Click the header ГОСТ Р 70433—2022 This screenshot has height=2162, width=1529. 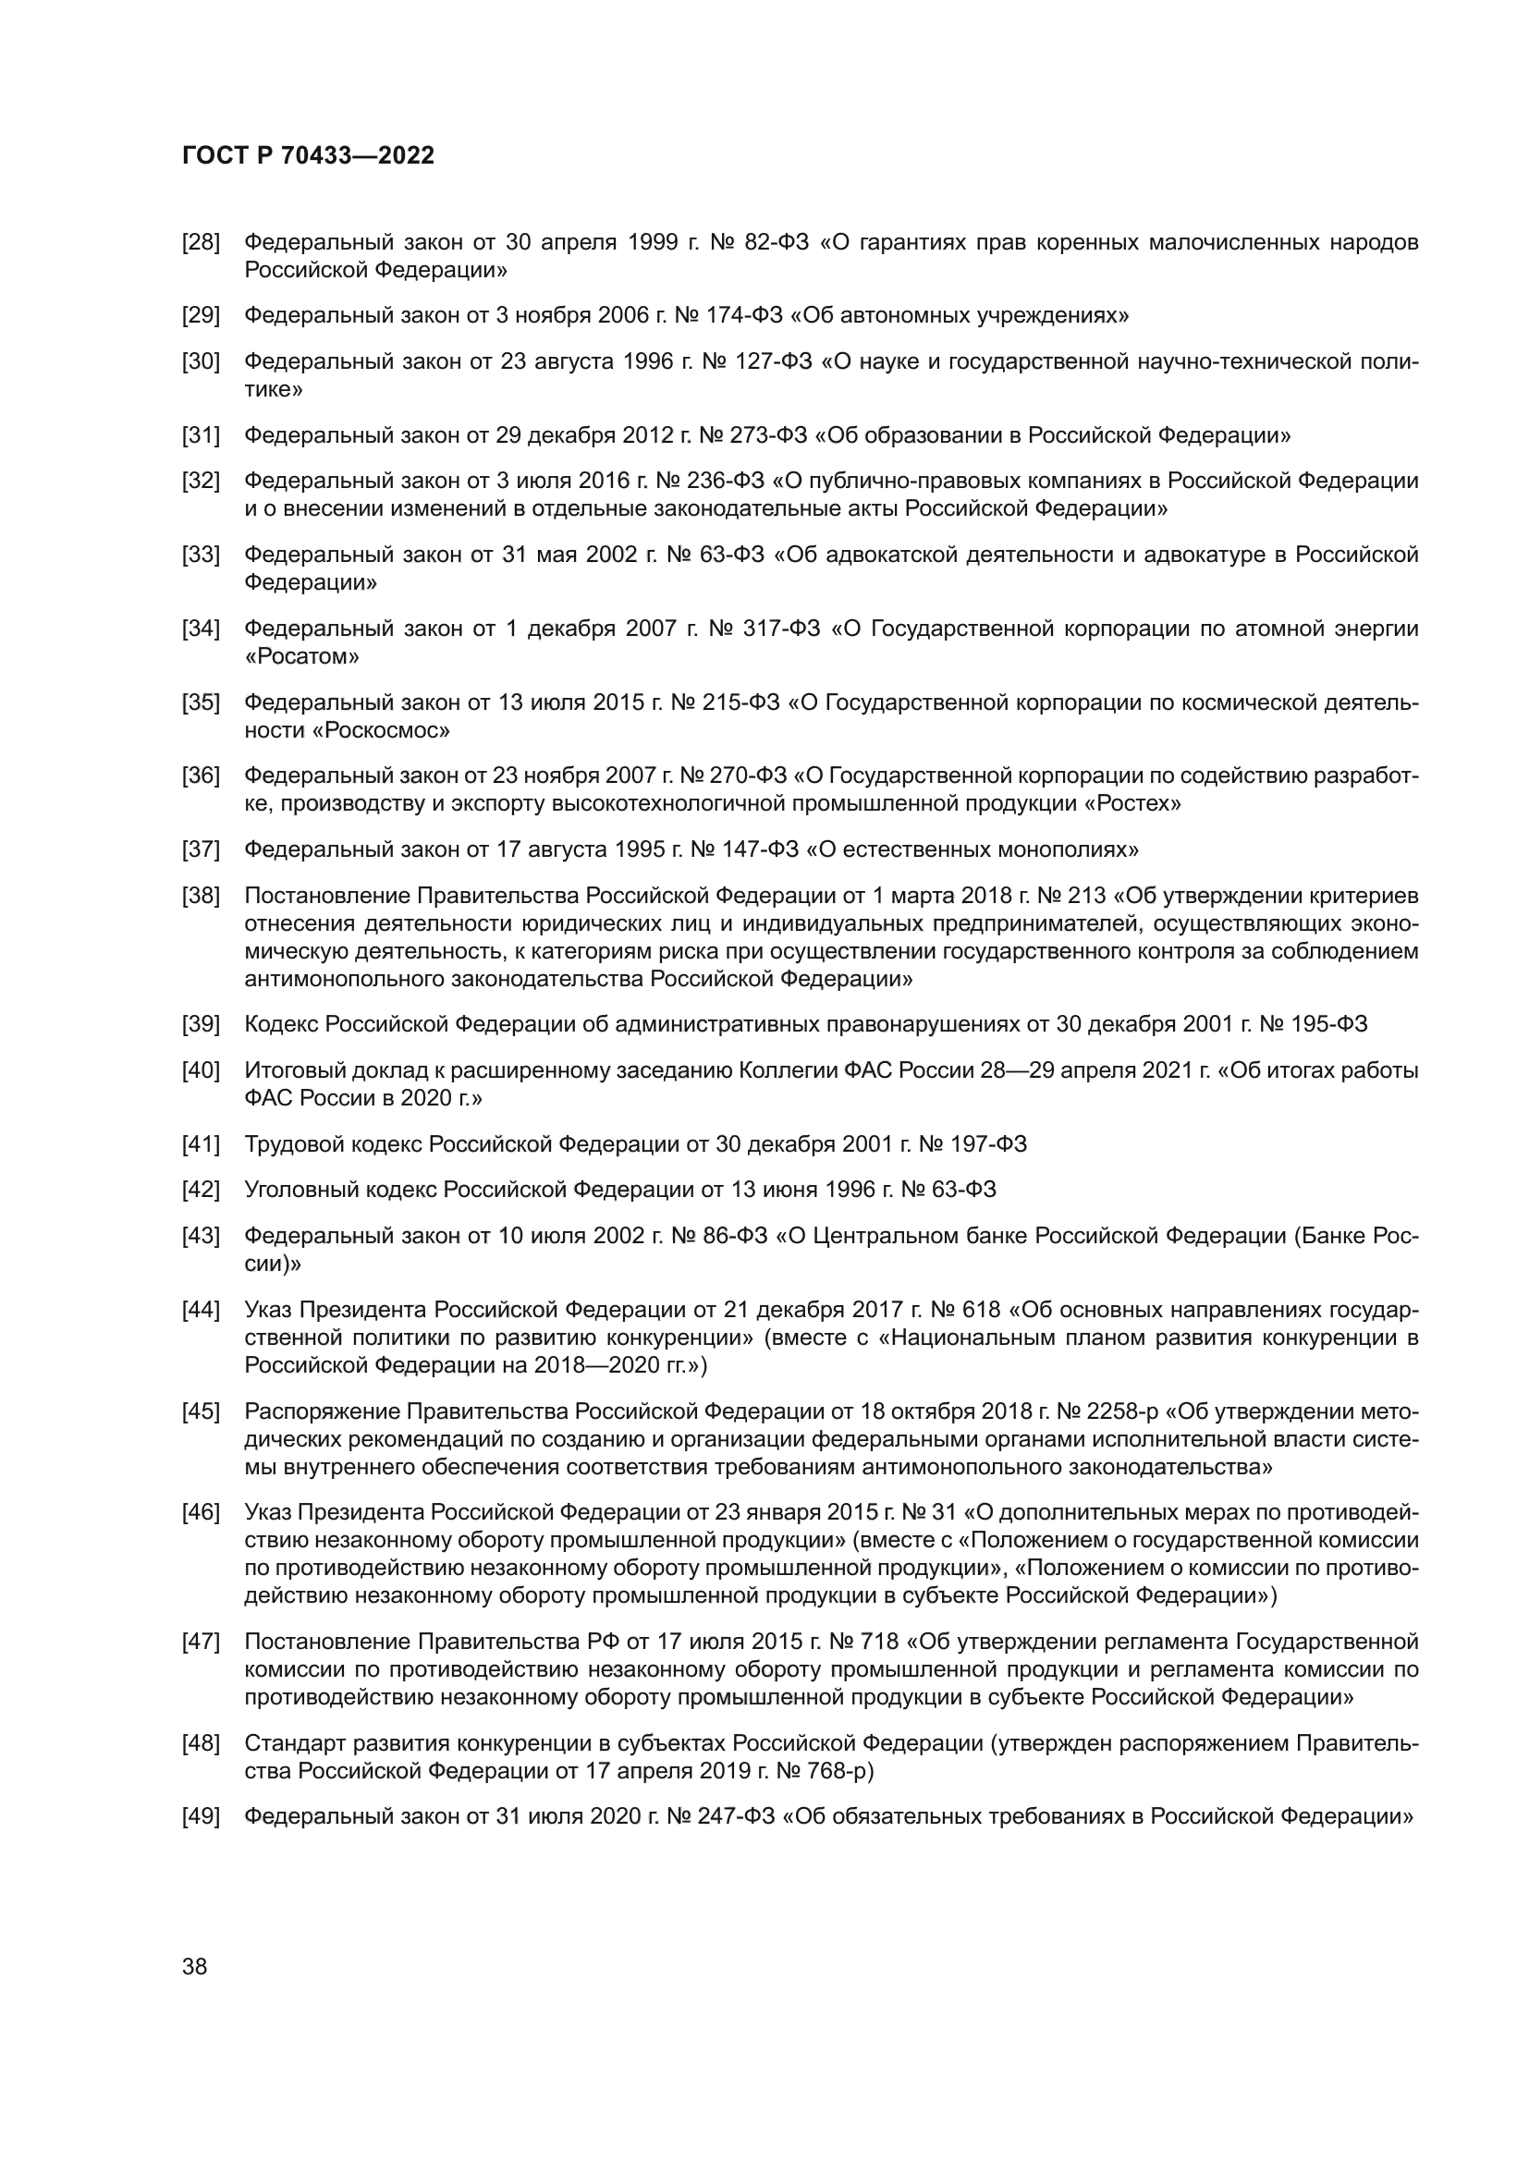click(308, 156)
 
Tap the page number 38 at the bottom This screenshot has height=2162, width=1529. click(194, 1966)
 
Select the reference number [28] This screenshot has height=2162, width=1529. click(201, 243)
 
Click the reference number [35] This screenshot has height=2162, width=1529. click(201, 702)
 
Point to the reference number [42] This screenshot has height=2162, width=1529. click(201, 1190)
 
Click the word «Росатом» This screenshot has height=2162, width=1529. click(301, 656)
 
